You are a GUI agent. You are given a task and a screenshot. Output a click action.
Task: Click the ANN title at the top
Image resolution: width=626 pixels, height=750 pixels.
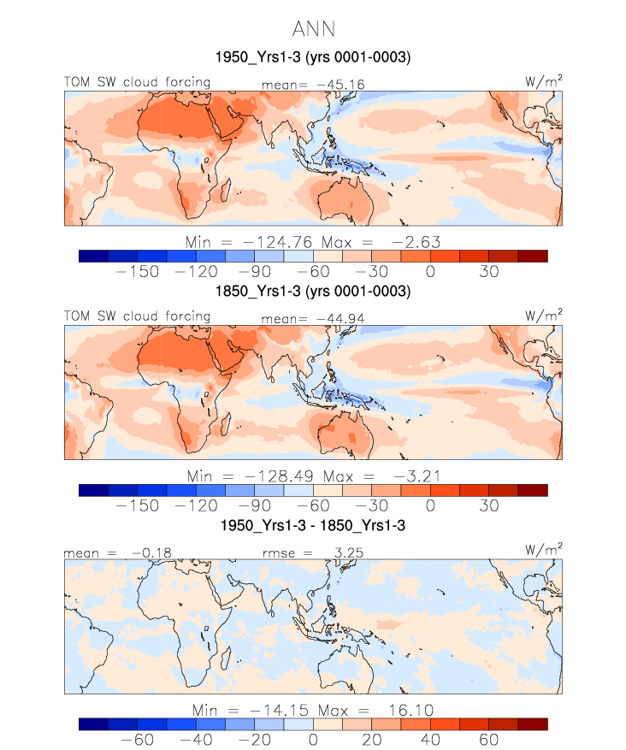(x=313, y=29)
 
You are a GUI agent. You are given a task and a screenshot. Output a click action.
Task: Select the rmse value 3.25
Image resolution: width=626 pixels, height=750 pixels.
(x=349, y=553)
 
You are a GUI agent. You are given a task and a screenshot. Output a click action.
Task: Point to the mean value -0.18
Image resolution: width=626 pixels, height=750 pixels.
(x=151, y=553)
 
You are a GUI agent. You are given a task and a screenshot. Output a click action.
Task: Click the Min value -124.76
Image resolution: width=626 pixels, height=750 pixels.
(x=278, y=242)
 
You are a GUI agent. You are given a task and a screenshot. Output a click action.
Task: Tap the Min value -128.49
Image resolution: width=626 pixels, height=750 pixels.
(x=280, y=476)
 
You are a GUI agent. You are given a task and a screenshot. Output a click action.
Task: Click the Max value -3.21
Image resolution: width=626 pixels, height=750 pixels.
(x=417, y=476)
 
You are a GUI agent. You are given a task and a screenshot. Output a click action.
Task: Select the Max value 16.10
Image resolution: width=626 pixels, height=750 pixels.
(x=410, y=711)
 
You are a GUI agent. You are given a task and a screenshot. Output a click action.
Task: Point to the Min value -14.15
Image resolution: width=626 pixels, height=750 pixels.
(x=280, y=711)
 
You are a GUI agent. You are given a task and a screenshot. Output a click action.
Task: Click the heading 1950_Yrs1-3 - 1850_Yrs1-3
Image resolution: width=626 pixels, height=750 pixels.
(x=313, y=525)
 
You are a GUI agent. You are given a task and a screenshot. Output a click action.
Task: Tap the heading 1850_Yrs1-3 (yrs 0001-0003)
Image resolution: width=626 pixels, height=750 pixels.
(x=313, y=291)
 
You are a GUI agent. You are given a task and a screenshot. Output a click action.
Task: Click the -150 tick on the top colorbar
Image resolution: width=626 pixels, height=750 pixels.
(x=138, y=272)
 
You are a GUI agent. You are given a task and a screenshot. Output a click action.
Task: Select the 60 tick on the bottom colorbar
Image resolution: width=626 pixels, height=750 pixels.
(x=489, y=740)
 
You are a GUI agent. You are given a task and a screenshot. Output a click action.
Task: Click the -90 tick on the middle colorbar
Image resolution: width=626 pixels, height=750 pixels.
(x=255, y=505)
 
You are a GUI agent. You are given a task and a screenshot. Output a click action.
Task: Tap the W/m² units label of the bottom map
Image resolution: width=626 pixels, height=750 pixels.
(x=544, y=550)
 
